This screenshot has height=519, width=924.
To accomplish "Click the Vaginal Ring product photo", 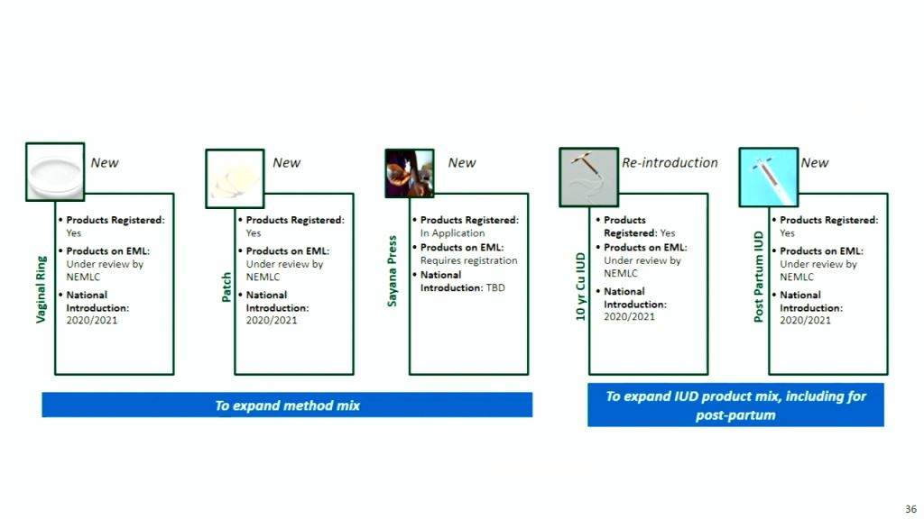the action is pos(55,171).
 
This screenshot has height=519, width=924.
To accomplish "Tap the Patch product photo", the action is pos(235,178).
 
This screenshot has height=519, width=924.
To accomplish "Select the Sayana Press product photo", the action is pos(409,173).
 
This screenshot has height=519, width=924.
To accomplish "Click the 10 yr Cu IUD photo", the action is pos(587,177).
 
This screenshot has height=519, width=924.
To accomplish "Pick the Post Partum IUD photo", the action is pos(768,177).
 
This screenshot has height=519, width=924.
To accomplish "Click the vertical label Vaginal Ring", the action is pos(42,290).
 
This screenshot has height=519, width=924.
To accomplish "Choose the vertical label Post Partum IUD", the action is pos(759,276).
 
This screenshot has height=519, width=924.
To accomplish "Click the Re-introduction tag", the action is pos(670,163).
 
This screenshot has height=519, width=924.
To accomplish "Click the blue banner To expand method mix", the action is pos(287,405).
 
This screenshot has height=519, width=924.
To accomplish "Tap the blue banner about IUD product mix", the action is pos(735,405).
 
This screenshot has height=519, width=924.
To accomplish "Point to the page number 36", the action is pos(910,508).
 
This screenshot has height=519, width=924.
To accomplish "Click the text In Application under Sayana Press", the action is pos(452,233).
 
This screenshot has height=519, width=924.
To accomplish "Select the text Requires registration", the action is pos(468,260).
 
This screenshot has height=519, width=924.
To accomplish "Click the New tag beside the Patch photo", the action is pos(286,163).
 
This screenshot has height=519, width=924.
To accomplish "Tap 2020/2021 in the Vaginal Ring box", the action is pos(92,321).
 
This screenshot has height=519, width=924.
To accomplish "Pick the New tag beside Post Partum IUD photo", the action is pos(814,163).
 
